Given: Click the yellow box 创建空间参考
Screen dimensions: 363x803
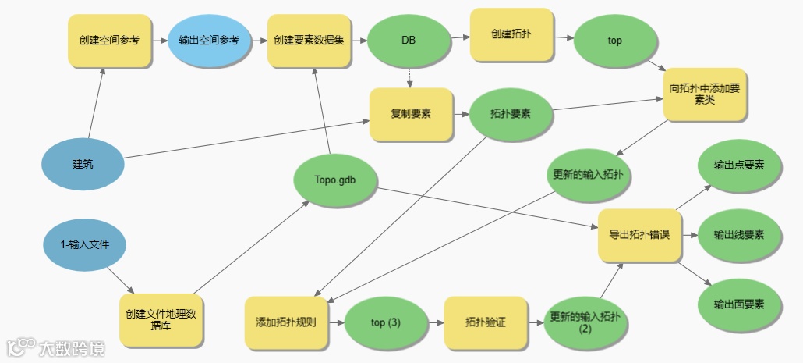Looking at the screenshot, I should tap(108, 39).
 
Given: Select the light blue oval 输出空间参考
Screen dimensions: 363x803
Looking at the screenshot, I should tap(209, 39).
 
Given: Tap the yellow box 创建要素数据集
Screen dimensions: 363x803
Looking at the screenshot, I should tap(309, 39).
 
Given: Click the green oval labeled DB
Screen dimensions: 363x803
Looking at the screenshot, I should tap(409, 39).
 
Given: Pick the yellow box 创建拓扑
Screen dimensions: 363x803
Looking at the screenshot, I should tap(511, 35).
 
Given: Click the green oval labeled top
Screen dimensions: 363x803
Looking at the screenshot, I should tap(614, 40).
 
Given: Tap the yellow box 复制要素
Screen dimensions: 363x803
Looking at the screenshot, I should tap(410, 114).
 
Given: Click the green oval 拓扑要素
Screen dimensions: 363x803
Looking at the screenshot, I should tap(511, 114).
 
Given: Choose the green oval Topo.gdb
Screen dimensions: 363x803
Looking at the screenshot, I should tap(335, 179).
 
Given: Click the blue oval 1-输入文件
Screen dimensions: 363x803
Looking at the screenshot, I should tap(85, 244).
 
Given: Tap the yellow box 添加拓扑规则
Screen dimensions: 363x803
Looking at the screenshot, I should tap(286, 322).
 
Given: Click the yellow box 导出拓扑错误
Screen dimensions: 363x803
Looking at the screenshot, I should tap(639, 235).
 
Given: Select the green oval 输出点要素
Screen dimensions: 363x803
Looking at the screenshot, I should tap(738, 165).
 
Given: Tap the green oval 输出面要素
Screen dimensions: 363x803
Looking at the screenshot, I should tap(738, 304).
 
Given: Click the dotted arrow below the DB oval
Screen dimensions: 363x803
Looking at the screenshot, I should tap(410, 76).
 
